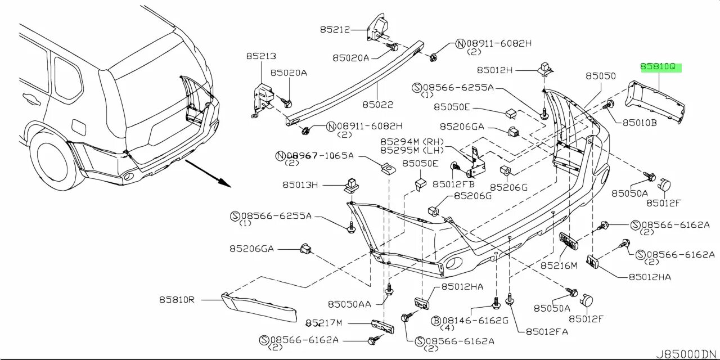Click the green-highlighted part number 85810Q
[x=660, y=67]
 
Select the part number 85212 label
[x=335, y=29]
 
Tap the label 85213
[x=260, y=56]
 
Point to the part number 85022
[x=377, y=104]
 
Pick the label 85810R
[x=176, y=300]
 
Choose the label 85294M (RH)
[x=412, y=142]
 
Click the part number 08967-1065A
[x=319, y=156]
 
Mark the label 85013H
[x=300, y=184]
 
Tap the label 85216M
[x=559, y=265]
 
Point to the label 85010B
[x=639, y=121]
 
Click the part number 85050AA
[x=349, y=304]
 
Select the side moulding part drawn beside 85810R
[x=259, y=308]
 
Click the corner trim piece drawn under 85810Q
[x=656, y=101]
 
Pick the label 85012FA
[x=545, y=332]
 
